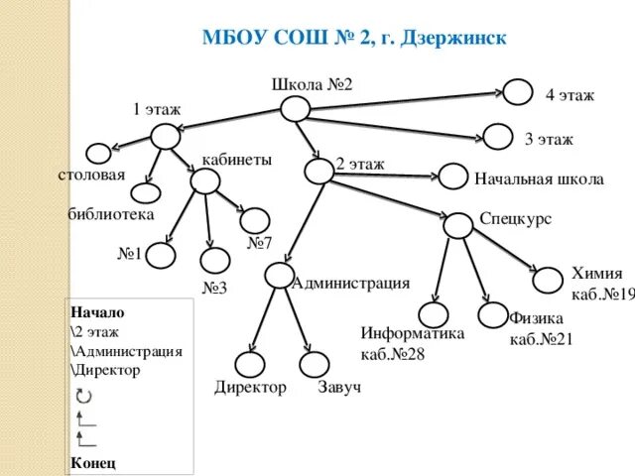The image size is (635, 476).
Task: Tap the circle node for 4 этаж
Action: [x=518, y=93]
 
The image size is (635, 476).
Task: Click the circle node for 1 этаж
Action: [x=166, y=137]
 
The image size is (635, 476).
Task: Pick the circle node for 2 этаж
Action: [x=319, y=171]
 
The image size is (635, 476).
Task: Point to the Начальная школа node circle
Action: [x=453, y=177]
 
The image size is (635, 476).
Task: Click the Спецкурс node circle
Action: [x=457, y=225]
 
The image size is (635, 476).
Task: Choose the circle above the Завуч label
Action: [x=314, y=364]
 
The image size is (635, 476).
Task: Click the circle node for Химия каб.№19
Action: [x=548, y=280]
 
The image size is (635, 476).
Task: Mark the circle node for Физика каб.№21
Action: [x=494, y=315]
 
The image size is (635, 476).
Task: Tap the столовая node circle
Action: [x=99, y=154]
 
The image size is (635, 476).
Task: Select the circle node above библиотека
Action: [x=146, y=194]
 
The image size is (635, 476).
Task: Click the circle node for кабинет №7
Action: [x=256, y=219]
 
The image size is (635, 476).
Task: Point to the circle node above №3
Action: [x=214, y=261]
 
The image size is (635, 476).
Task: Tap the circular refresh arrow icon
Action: [x=83, y=396]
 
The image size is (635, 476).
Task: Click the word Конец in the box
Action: [x=93, y=462]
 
